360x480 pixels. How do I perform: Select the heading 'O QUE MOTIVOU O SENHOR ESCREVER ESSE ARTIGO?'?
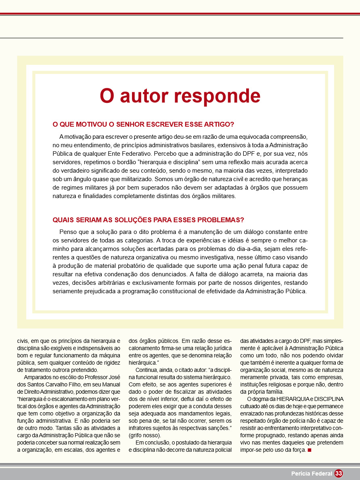144,124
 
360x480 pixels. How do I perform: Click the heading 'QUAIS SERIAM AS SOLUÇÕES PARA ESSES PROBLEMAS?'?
149,220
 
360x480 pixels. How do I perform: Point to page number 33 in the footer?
339,474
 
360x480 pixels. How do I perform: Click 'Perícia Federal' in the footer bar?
312,474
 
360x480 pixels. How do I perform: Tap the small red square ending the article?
310,450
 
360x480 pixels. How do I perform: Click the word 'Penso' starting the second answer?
68,232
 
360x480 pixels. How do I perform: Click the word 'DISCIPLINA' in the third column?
328,399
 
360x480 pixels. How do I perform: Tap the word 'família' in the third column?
274,392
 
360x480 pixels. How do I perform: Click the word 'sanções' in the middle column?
218,428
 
